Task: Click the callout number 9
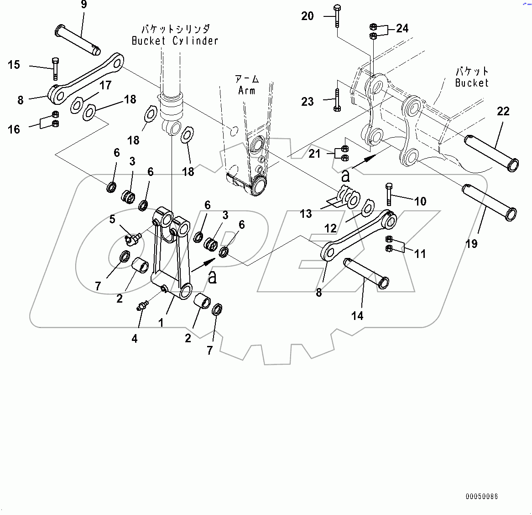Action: point(83,5)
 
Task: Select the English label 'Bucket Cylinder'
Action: point(175,41)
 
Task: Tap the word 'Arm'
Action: point(247,91)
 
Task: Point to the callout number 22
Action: point(503,111)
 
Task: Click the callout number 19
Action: point(471,244)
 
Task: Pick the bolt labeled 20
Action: point(337,16)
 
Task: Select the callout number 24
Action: point(402,28)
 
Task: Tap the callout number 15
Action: point(14,65)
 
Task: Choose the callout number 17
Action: point(105,85)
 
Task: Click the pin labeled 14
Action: point(366,273)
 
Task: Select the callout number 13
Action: point(306,214)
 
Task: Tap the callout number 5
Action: point(112,219)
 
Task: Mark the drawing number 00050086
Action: point(482,496)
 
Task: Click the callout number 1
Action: point(161,323)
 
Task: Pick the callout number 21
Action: point(314,154)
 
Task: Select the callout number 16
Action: point(14,129)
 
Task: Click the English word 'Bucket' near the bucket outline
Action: point(472,83)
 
